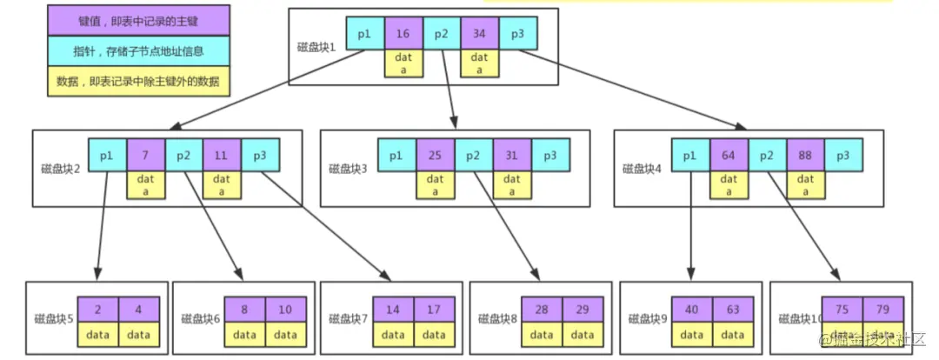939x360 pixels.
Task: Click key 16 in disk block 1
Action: [x=403, y=33]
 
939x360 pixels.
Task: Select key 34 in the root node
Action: [x=479, y=33]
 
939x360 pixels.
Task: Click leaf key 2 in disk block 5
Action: [x=97, y=310]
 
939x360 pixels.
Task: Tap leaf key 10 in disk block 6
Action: [x=285, y=310]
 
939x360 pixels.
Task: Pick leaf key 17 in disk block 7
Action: [x=432, y=310]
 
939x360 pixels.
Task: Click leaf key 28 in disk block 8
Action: [x=542, y=310]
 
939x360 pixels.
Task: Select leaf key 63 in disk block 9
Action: [x=732, y=310]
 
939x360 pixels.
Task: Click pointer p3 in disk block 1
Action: [x=517, y=33]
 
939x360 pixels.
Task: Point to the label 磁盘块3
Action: [x=346, y=167]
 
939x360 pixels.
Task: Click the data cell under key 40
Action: [x=693, y=334]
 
